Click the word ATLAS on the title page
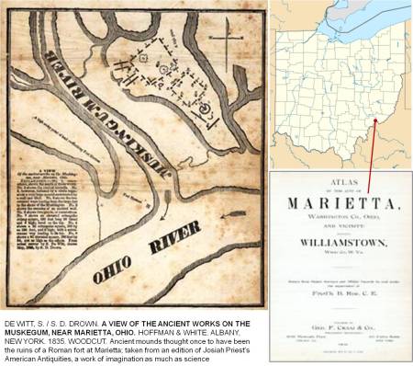click(x=340, y=182)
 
